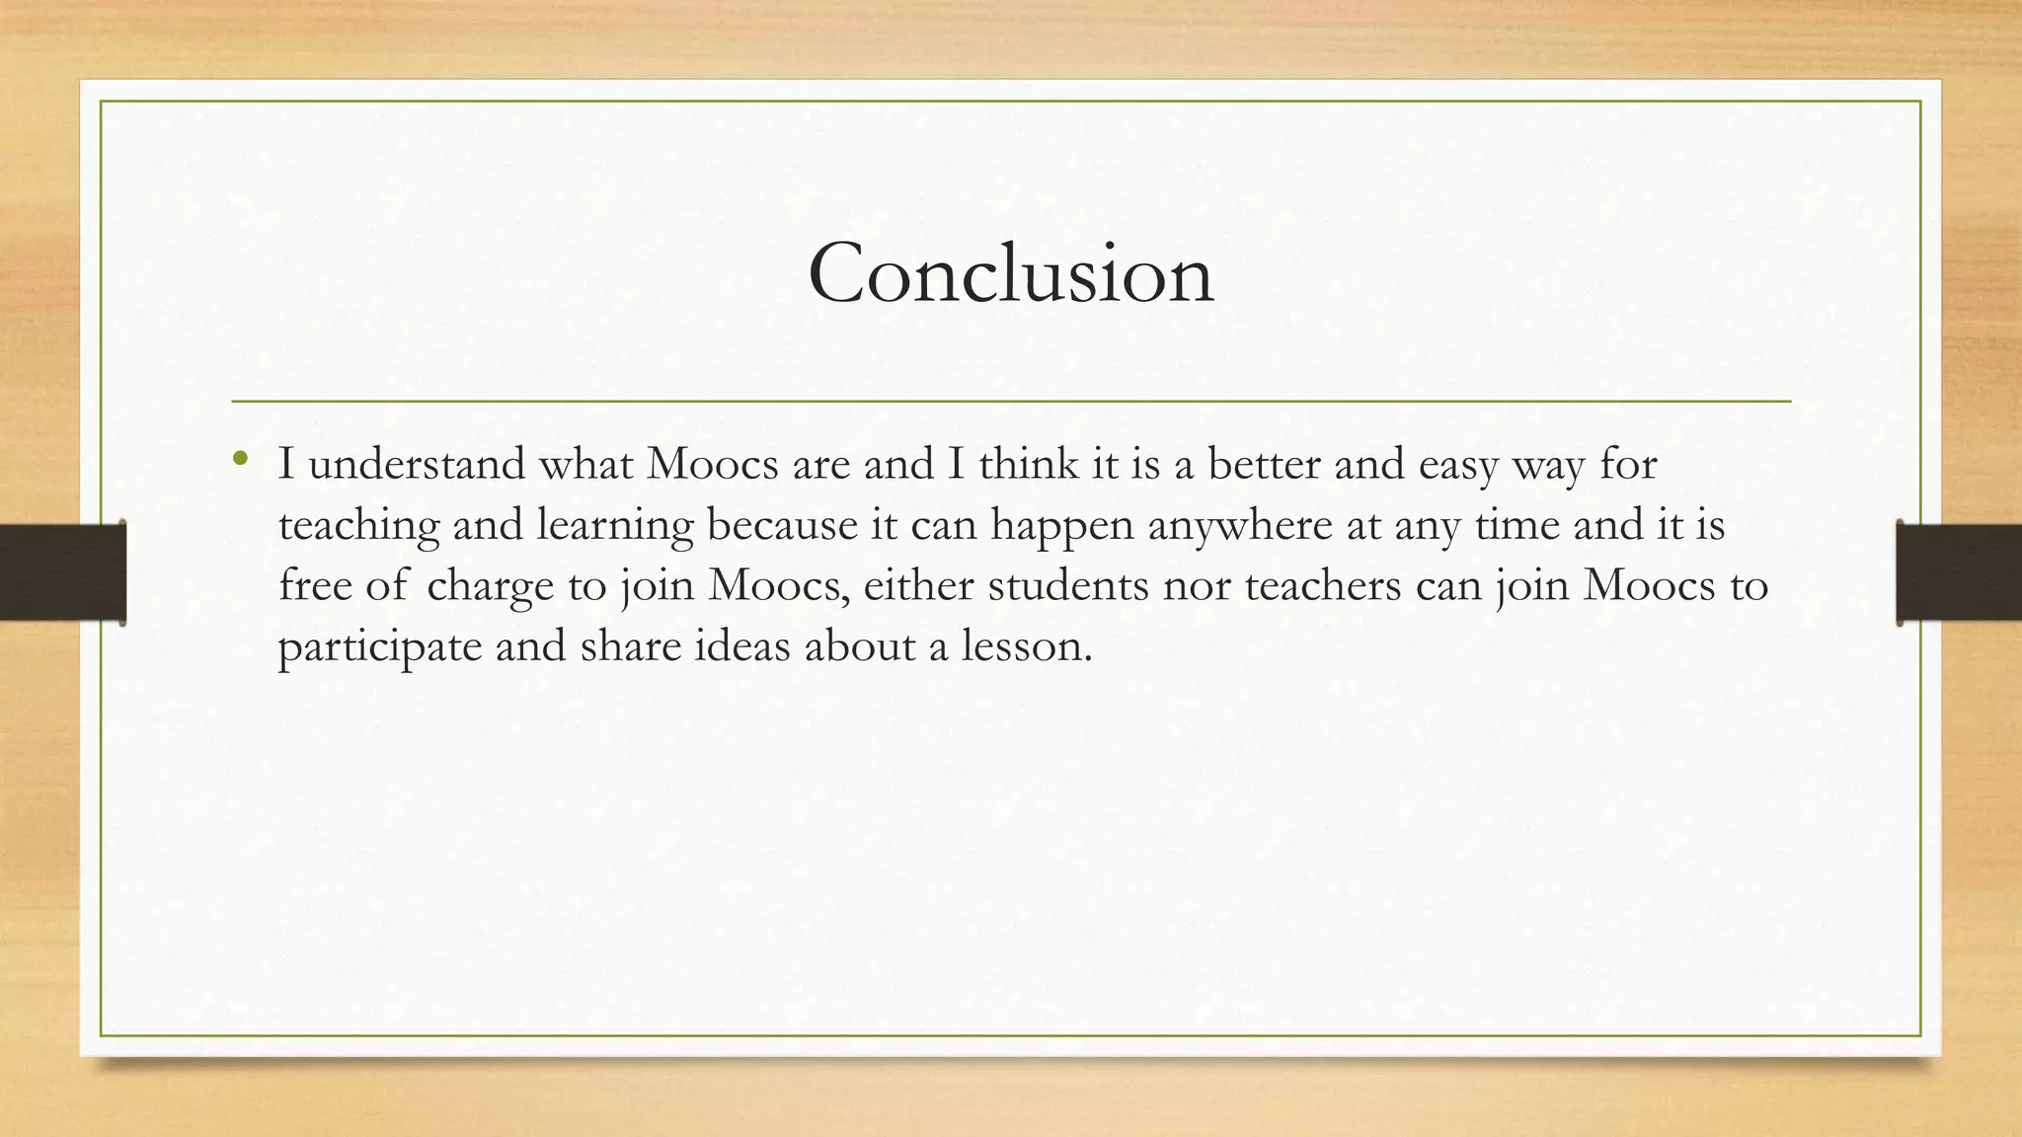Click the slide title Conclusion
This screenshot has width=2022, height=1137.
pyautogui.click(x=1010, y=273)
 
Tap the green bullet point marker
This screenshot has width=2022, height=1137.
pyautogui.click(x=240, y=459)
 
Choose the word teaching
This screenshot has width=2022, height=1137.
pyautogui.click(x=358, y=526)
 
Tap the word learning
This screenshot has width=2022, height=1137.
pyautogui.click(x=615, y=526)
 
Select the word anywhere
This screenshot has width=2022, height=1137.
pyautogui.click(x=1240, y=526)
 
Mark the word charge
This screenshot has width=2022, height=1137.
pyautogui.click(x=490, y=587)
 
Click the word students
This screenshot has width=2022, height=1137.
pyautogui.click(x=1068, y=585)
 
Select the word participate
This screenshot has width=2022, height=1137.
pyautogui.click(x=380, y=648)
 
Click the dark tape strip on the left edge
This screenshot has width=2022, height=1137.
pyautogui.click(x=62, y=572)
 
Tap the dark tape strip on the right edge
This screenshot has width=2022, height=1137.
pyautogui.click(x=1959, y=572)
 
